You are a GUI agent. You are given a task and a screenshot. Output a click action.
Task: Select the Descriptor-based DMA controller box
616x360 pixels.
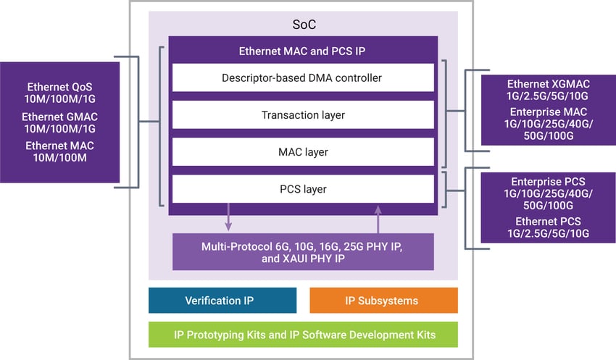pos(303,78)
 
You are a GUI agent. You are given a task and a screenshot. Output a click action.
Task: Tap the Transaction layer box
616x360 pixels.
pos(303,114)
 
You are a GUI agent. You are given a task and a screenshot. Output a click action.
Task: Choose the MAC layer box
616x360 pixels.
pos(303,152)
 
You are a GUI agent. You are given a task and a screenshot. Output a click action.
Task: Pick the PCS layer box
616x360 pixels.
pos(303,190)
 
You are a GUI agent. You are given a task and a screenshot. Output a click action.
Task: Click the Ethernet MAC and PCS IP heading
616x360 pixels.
pos(303,51)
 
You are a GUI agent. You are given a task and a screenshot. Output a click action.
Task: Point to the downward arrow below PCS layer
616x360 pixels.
pos(229,218)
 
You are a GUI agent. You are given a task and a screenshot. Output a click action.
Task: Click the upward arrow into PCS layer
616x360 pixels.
pos(378,218)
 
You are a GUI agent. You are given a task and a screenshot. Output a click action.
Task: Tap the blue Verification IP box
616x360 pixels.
pos(222,300)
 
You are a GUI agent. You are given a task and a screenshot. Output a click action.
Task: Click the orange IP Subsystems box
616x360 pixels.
pos(383,300)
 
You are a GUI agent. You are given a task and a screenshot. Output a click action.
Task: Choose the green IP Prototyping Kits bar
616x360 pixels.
pos(303,335)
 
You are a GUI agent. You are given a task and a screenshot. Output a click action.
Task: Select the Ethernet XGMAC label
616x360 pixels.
pos(548,84)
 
